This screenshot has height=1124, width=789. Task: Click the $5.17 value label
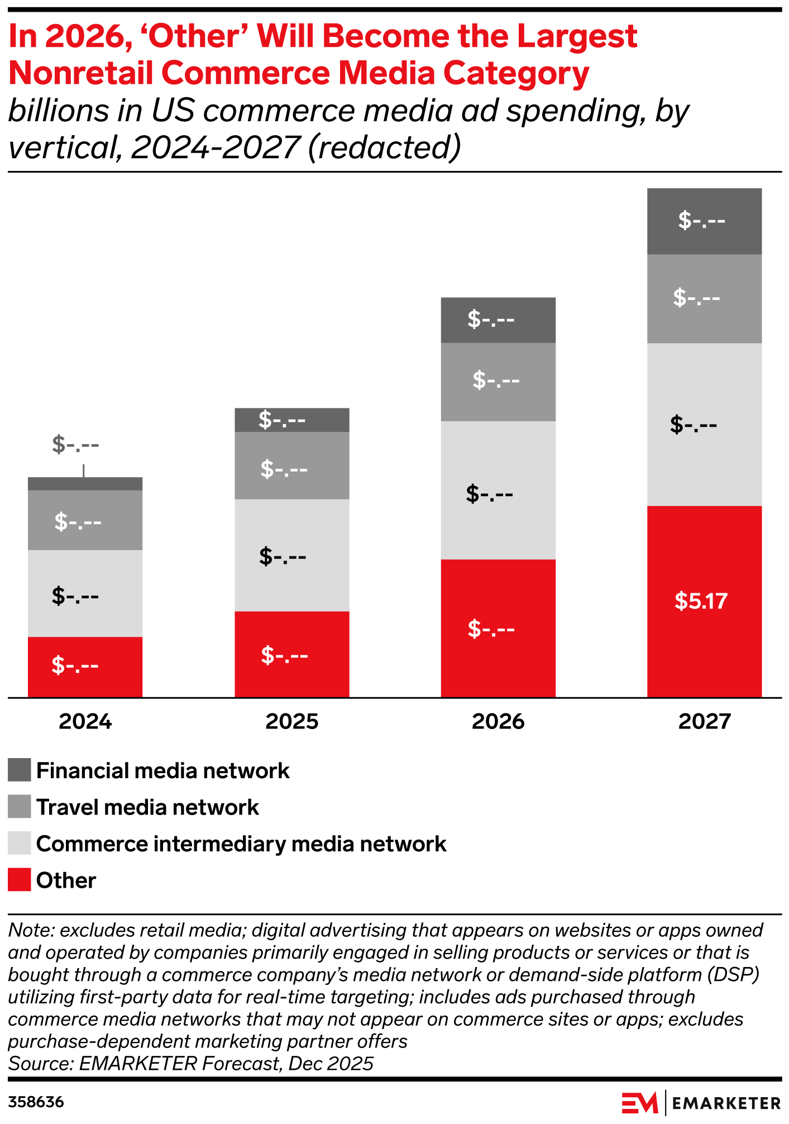coord(701,601)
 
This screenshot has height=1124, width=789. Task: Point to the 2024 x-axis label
coord(85,721)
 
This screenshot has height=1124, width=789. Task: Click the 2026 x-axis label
coord(498,721)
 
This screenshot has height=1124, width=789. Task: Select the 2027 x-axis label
coord(704,721)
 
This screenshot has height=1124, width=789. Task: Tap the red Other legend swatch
coord(19,880)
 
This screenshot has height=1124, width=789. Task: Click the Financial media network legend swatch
coord(19,770)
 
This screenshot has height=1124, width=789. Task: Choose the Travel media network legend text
coord(147,807)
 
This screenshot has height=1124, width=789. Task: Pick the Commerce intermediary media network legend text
coord(241,844)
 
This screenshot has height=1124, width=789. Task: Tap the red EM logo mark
coord(639,1102)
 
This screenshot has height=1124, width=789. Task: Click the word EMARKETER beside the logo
coord(726,1103)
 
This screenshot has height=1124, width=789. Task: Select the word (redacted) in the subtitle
coord(385,147)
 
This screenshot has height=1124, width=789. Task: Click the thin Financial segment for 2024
coord(85,484)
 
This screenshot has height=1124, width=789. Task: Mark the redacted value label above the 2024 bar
coord(75,445)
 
